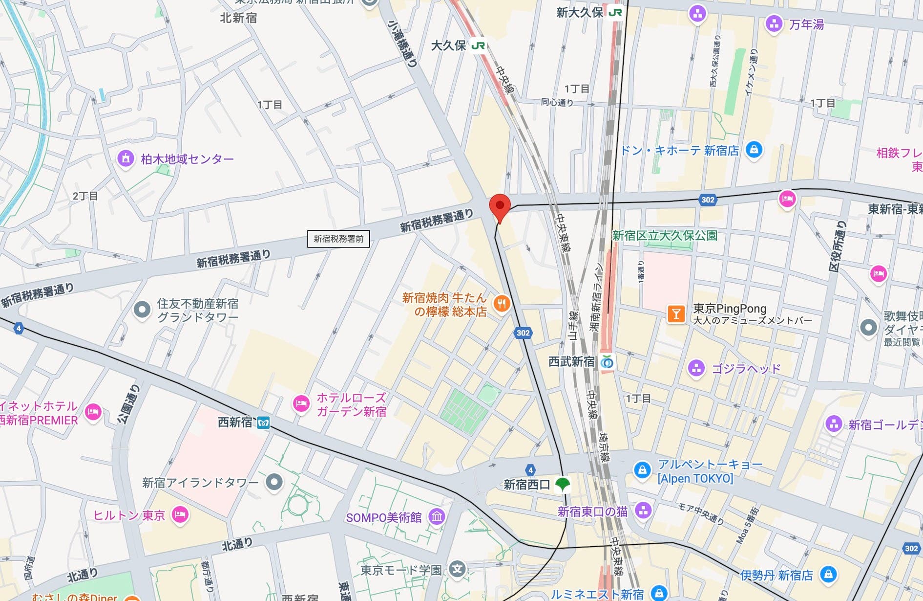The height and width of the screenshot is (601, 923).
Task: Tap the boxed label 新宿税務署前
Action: [x=338, y=239]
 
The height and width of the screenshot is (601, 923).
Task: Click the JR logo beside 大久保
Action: [x=478, y=45]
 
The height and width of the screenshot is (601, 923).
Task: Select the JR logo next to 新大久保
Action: [x=615, y=12]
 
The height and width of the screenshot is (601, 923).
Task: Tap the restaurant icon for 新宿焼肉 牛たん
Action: [x=502, y=304]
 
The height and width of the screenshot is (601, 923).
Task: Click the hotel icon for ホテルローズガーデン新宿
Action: [x=301, y=404]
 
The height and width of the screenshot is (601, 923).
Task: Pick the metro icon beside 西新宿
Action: [x=263, y=423]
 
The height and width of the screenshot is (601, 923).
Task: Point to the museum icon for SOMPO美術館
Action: [x=437, y=516]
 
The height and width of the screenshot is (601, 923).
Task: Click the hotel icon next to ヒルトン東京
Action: [x=180, y=514]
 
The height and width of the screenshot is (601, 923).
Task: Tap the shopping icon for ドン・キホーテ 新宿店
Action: [x=754, y=149]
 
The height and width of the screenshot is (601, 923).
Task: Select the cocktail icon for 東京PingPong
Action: [x=676, y=313]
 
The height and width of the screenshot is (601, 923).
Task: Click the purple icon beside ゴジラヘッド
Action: [x=696, y=368]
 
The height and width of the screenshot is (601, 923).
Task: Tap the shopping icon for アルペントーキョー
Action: [x=642, y=470]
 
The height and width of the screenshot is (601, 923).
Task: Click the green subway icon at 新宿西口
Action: [x=563, y=484]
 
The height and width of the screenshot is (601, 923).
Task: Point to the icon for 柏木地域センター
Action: [x=126, y=158]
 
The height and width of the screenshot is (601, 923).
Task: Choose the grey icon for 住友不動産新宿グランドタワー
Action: [x=142, y=310]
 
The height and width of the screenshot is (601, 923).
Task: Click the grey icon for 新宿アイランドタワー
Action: [x=274, y=482]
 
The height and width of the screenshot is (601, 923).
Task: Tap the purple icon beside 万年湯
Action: [x=774, y=23]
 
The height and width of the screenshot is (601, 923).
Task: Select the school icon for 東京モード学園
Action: [x=458, y=569]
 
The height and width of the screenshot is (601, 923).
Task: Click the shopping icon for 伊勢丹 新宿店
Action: [x=828, y=574]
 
